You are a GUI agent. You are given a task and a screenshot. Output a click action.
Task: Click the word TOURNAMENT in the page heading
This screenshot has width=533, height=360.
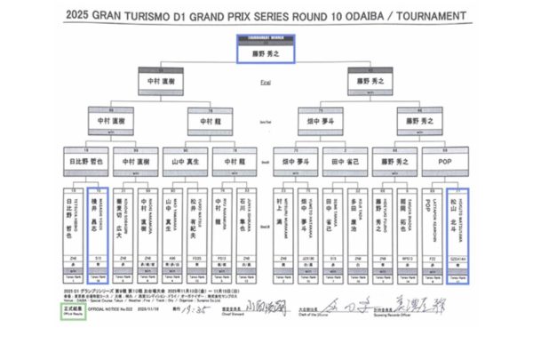[x=424, y=16]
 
